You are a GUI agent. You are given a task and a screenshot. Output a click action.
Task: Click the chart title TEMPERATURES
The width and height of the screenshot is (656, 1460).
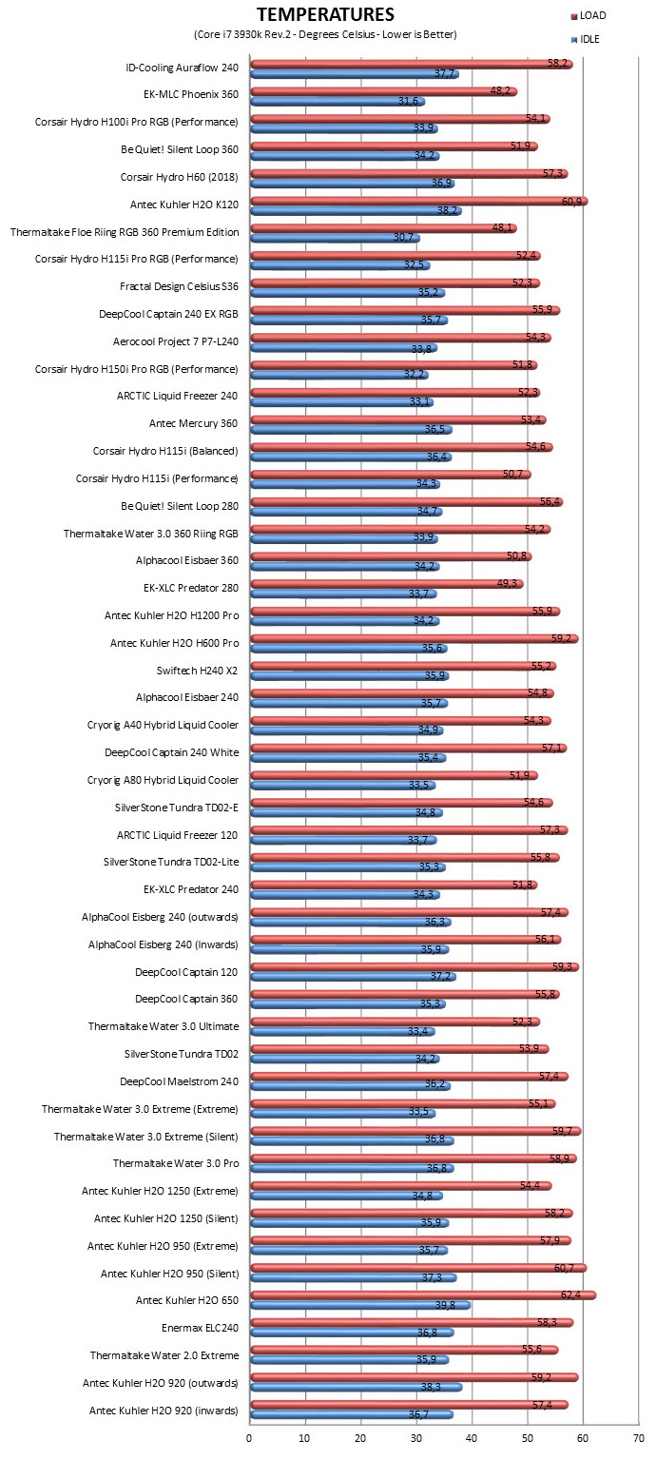click(325, 13)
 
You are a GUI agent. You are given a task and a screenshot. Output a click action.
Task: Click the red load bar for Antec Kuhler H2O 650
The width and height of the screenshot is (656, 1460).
click(423, 1295)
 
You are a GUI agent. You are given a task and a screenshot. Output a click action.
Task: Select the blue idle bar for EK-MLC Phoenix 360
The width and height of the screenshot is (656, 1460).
click(338, 102)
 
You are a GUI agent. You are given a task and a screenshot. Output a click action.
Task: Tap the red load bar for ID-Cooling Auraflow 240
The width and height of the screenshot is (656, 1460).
click(412, 64)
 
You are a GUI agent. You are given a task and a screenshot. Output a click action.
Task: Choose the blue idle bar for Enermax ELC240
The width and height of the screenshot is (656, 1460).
click(353, 1333)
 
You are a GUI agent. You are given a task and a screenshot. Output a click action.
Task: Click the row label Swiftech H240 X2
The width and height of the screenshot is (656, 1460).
click(197, 670)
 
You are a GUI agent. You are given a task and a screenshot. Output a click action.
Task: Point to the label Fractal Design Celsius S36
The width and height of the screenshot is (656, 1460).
click(179, 286)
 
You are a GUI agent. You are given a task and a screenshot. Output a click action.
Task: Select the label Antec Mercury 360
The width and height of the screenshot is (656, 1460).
click(194, 423)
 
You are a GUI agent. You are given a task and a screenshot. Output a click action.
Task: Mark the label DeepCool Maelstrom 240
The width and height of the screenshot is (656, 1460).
click(179, 1081)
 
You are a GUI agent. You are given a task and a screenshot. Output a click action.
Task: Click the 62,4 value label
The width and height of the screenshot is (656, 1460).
click(570, 1294)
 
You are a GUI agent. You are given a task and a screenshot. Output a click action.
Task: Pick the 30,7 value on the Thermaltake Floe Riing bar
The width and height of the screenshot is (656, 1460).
click(403, 237)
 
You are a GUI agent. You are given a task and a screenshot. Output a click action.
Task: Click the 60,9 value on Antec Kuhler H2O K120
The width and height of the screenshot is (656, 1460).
click(571, 202)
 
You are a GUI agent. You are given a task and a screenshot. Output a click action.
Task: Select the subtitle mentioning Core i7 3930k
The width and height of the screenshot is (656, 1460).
click(325, 34)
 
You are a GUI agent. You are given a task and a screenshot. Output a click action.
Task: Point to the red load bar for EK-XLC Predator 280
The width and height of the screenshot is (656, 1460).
click(387, 584)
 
